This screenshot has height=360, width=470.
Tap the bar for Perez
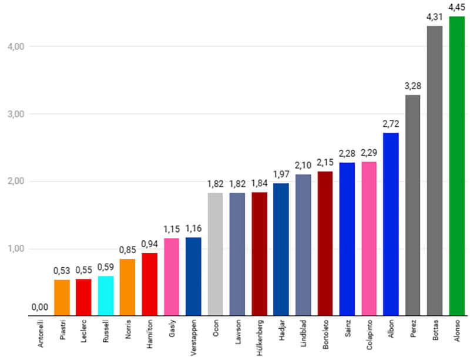[412, 205]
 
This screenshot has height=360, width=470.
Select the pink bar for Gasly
[172, 277]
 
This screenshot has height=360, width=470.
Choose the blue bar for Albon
[391, 224]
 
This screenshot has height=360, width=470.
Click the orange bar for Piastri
[62, 297]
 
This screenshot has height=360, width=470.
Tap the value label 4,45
[456, 8]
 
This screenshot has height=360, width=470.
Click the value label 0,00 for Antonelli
[40, 307]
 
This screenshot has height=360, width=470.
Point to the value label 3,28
[412, 86]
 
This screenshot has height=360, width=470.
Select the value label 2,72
[391, 124]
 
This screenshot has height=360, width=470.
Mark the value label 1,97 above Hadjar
[281, 174]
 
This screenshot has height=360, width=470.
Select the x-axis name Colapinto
[369, 335]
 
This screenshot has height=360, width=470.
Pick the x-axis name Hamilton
[150, 335]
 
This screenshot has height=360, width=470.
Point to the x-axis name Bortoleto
[325, 335]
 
